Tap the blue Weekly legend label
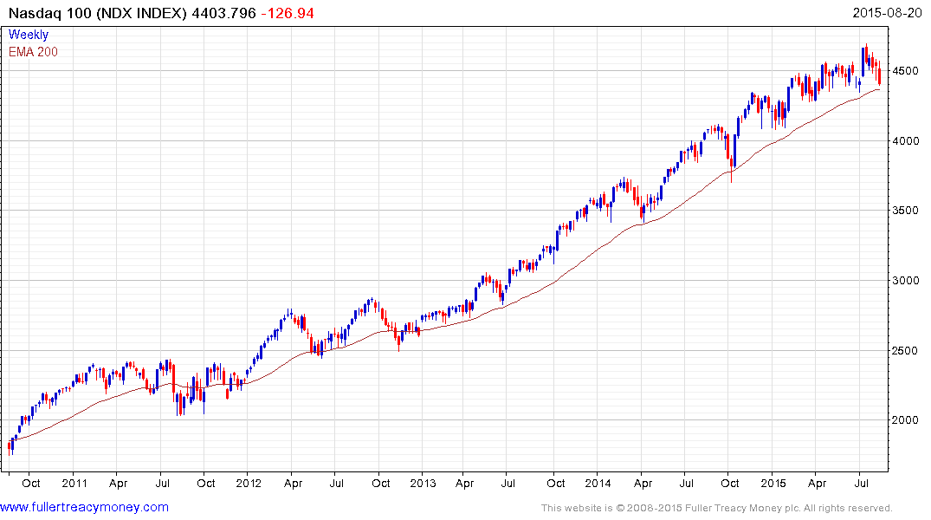pyautogui.click(x=29, y=35)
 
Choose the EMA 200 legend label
pyautogui.click(x=33, y=51)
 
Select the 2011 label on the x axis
pyautogui.click(x=74, y=484)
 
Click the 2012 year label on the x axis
pyautogui.click(x=249, y=484)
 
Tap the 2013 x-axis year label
pyautogui.click(x=423, y=484)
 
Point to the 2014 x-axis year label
pyautogui.click(x=598, y=484)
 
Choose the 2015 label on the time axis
pyautogui.click(x=773, y=484)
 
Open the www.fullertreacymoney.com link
pyautogui.click(x=84, y=507)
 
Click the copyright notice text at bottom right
pyautogui.click(x=716, y=508)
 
